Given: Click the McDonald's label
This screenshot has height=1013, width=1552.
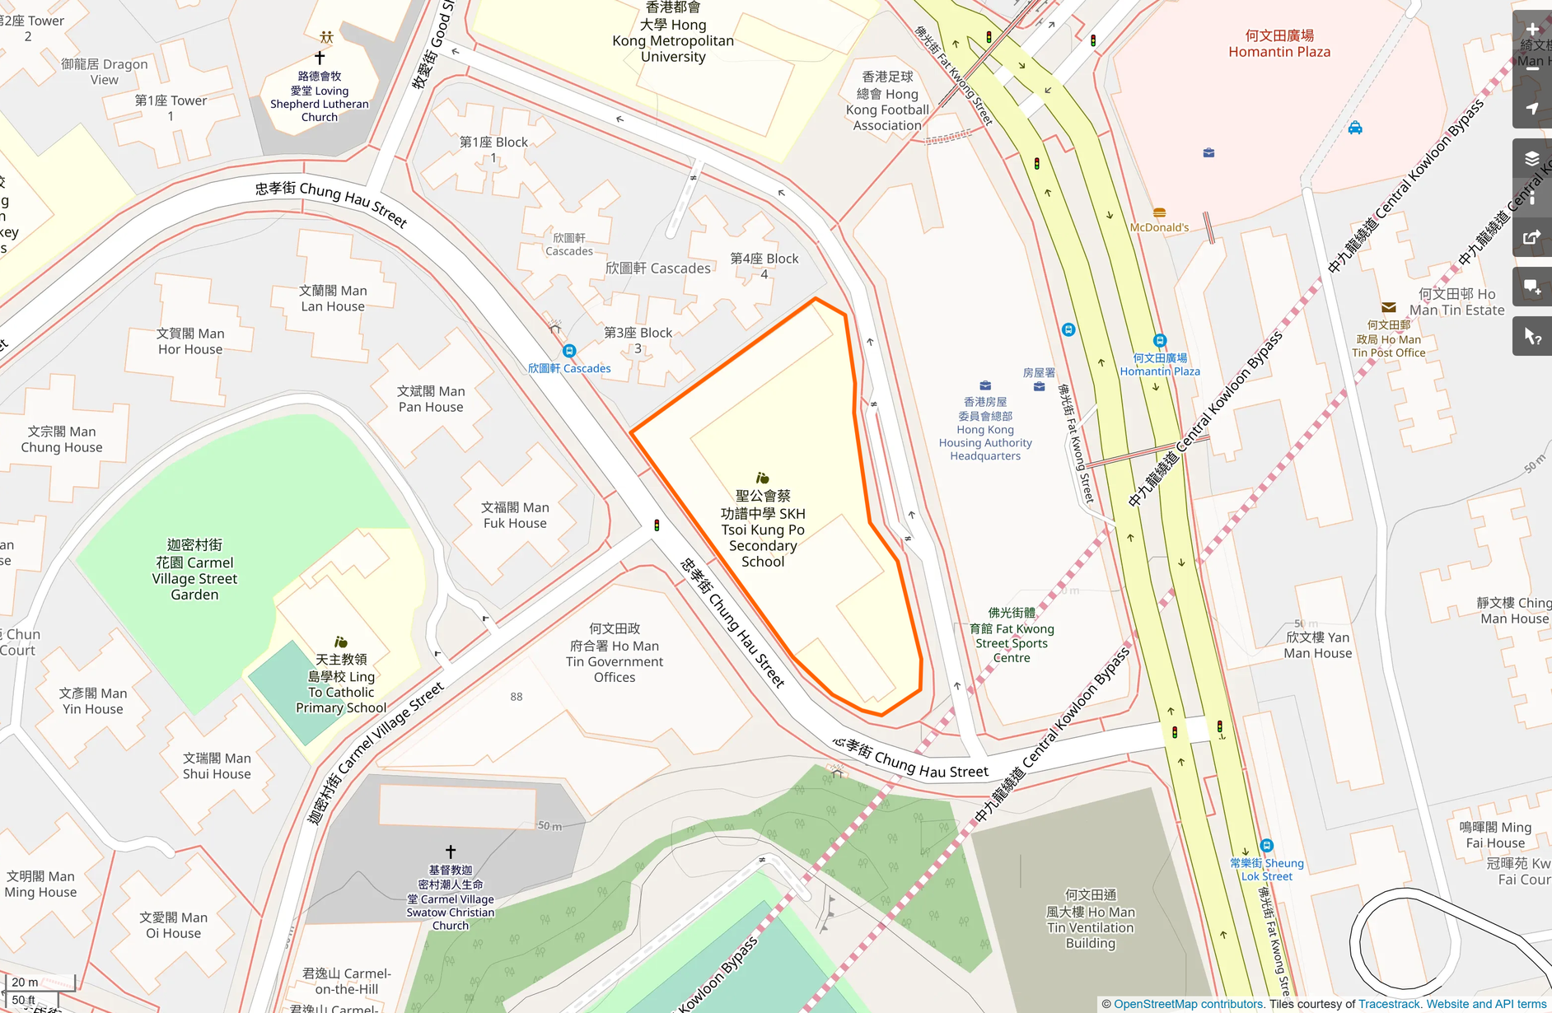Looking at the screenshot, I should point(1159,227).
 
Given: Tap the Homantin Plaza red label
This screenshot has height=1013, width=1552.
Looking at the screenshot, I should point(1279,44).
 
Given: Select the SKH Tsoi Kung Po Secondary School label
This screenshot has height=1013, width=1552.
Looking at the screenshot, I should point(762,529).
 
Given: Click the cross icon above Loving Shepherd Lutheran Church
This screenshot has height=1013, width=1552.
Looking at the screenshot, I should point(320,58).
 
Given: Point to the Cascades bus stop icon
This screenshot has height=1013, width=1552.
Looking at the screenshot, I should point(569,351).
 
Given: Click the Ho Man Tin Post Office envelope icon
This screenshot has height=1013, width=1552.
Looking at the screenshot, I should point(1388,308).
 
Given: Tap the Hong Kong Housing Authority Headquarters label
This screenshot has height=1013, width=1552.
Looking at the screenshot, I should point(985,429).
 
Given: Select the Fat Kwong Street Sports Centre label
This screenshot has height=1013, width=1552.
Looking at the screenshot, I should point(1012,635).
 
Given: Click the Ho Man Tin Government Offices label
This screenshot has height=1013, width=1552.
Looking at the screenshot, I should point(615,653).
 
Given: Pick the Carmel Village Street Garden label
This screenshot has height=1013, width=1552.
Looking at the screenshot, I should point(194,570).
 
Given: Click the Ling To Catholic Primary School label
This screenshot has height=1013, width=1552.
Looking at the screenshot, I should point(341,684).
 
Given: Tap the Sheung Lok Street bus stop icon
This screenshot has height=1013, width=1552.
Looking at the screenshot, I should point(1267,846).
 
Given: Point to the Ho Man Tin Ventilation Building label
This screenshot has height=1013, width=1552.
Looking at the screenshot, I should point(1090,919).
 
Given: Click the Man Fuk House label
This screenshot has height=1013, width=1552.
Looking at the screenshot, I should point(515,516).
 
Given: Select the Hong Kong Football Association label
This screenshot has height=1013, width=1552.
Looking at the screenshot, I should point(886,101).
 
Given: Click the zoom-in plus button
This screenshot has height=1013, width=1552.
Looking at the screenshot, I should point(1532,30).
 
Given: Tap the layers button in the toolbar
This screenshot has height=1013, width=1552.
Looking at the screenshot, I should point(1532,159).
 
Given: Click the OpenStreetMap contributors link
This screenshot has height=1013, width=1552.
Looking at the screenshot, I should point(1188,1004).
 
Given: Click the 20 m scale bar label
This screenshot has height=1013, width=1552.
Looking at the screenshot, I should point(25,982).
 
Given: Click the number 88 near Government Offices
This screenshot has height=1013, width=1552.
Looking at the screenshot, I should point(517,697).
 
